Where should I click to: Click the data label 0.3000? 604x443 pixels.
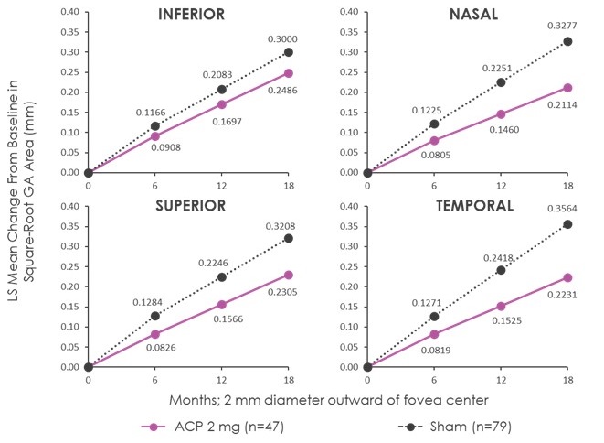[281, 39]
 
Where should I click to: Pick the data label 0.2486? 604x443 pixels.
[281, 89]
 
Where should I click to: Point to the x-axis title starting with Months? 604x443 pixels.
[327, 400]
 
